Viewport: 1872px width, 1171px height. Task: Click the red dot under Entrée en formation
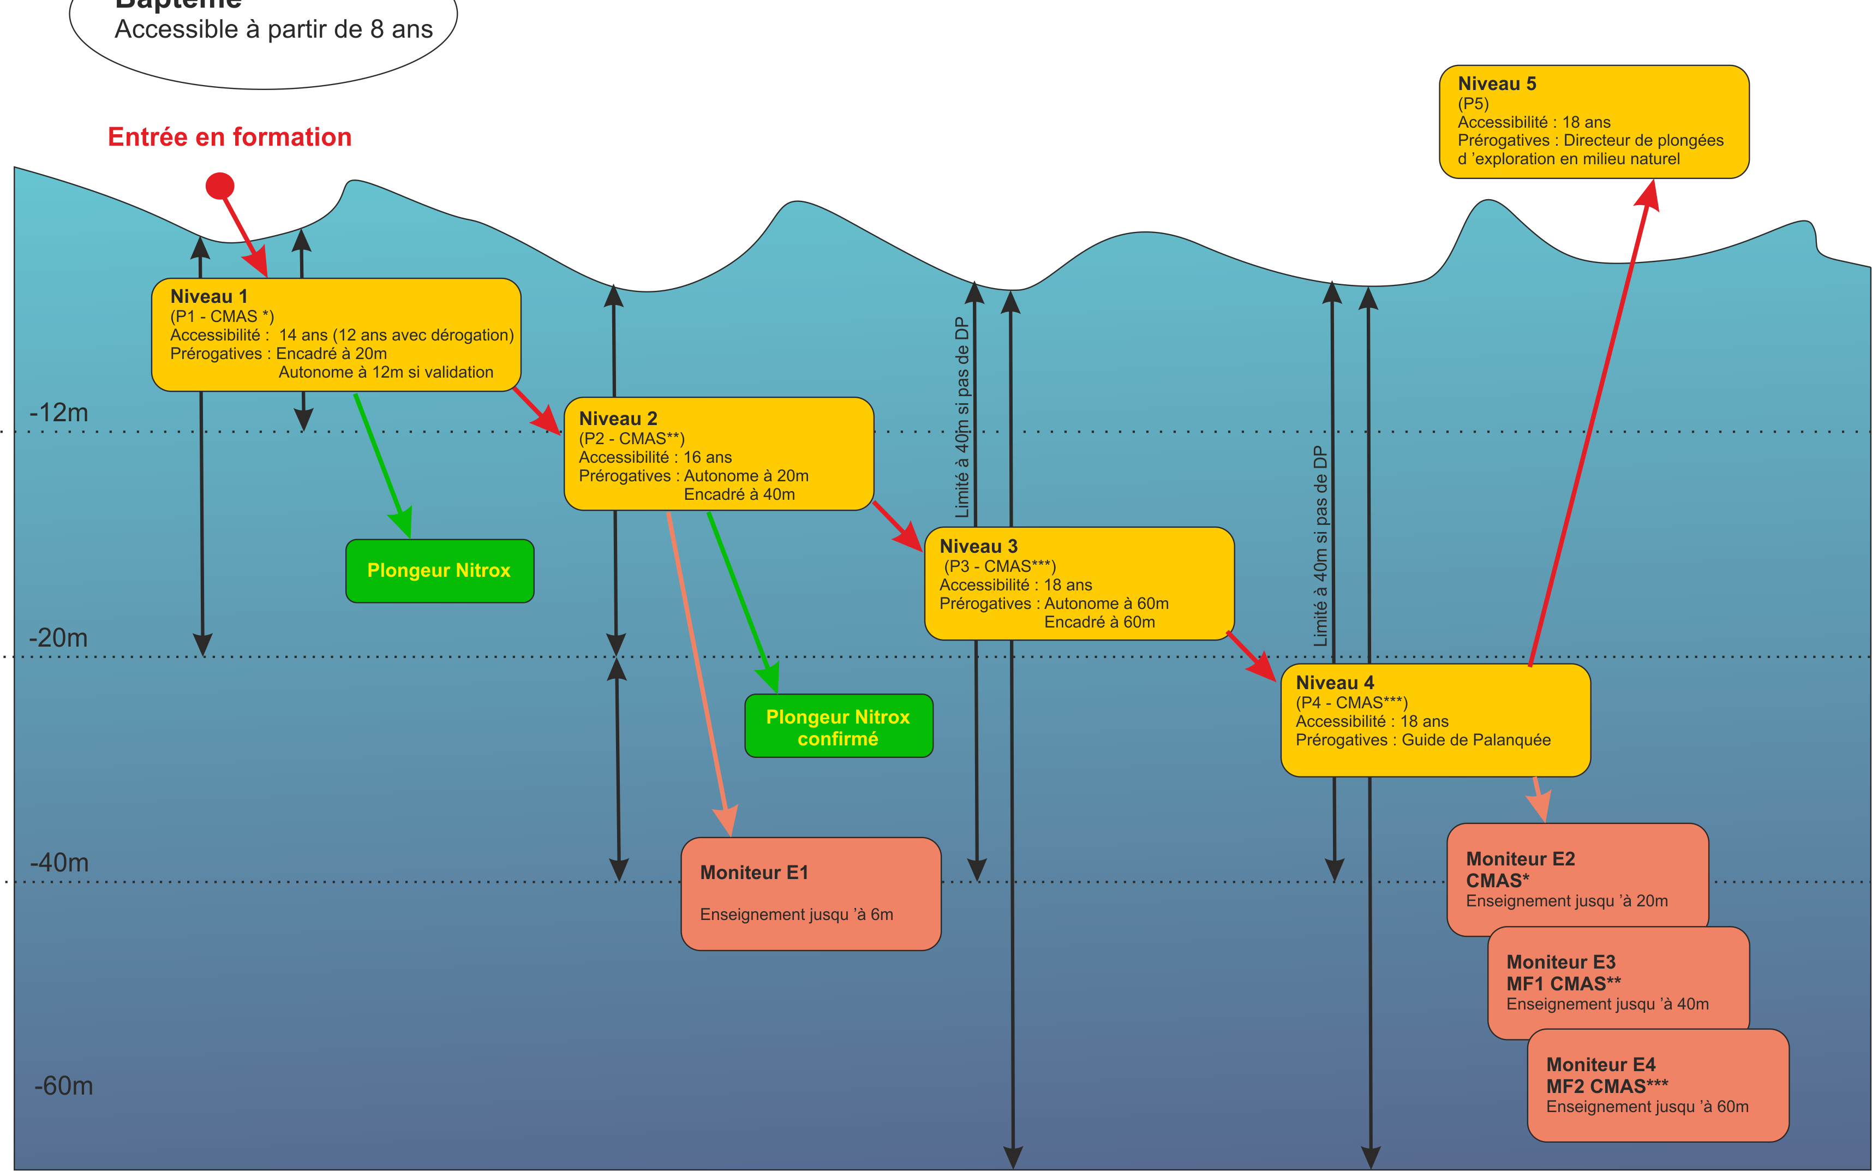point(220,186)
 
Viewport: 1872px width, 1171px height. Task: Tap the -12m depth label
point(59,413)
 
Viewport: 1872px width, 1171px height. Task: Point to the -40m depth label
point(59,863)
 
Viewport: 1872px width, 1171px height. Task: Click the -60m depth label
point(63,1086)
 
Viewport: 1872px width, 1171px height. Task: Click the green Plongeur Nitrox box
point(439,571)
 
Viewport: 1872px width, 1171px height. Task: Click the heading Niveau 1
point(209,297)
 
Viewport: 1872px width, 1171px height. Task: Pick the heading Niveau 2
point(618,419)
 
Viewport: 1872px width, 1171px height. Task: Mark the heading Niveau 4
point(1335,683)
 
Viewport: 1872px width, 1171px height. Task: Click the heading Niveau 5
point(1497,83)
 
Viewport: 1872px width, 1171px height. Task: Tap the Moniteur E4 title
point(1600,1065)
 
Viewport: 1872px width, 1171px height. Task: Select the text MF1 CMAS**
point(1563,984)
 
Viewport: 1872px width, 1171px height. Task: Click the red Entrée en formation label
point(230,137)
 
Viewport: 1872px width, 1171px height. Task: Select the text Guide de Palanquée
point(1476,740)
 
